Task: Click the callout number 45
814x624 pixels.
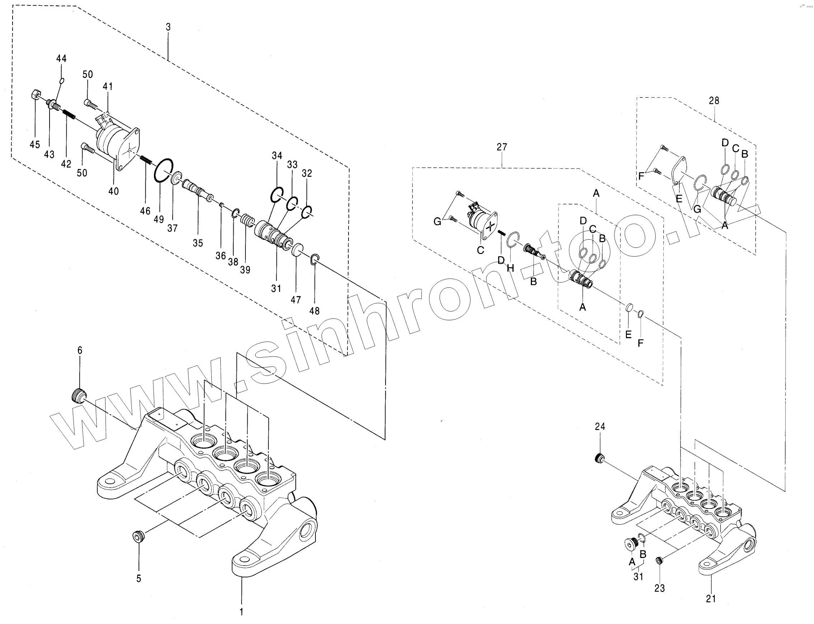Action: pos(34,145)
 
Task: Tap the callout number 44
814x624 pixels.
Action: pos(61,58)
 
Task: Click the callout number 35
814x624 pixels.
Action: pos(198,243)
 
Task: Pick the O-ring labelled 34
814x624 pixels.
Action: pos(277,194)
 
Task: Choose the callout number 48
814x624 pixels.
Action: pos(314,311)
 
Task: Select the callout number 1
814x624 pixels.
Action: pos(242,611)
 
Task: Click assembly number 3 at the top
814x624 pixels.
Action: pos(168,27)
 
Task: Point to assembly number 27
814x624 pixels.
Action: pos(502,147)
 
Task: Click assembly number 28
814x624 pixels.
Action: pos(714,101)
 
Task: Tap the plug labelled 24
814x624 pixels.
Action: pos(599,459)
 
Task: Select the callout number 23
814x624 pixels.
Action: pos(659,588)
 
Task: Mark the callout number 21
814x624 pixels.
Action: pos(711,599)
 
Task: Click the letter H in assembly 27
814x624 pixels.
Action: pos(510,268)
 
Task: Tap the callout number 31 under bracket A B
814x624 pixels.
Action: pos(638,576)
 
